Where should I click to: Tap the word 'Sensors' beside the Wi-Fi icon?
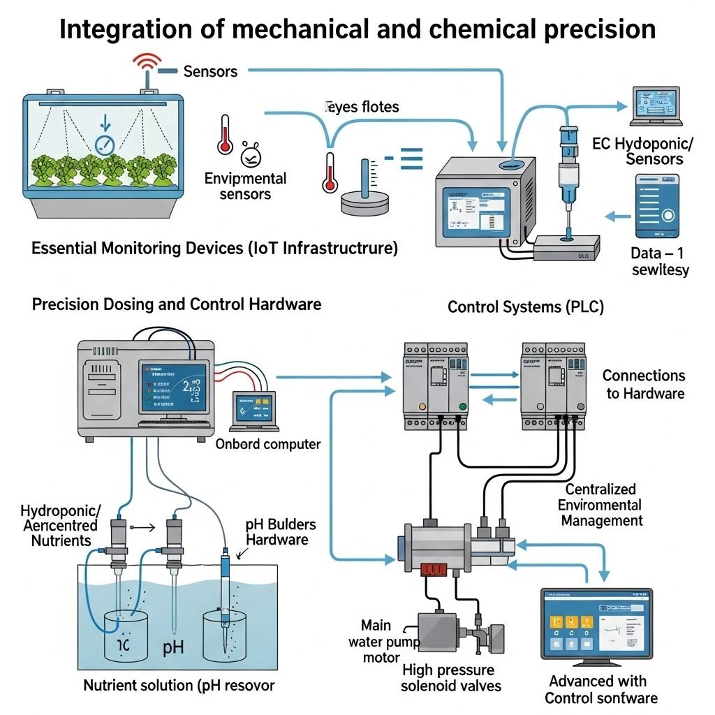tap(210, 71)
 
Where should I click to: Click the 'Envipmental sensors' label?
tap(245, 186)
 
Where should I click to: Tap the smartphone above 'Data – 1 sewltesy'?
tap(656, 206)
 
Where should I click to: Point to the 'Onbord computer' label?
tap(267, 444)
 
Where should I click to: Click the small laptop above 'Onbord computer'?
tap(256, 411)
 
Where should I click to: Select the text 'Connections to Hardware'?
tap(644, 385)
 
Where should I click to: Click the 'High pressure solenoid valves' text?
tap(451, 677)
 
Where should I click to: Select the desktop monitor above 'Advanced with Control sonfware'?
tap(597, 624)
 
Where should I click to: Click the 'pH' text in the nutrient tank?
tap(173, 647)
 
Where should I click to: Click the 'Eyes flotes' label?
tap(361, 107)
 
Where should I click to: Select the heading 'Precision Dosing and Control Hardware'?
tap(177, 304)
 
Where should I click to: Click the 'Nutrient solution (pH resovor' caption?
tap(179, 685)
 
